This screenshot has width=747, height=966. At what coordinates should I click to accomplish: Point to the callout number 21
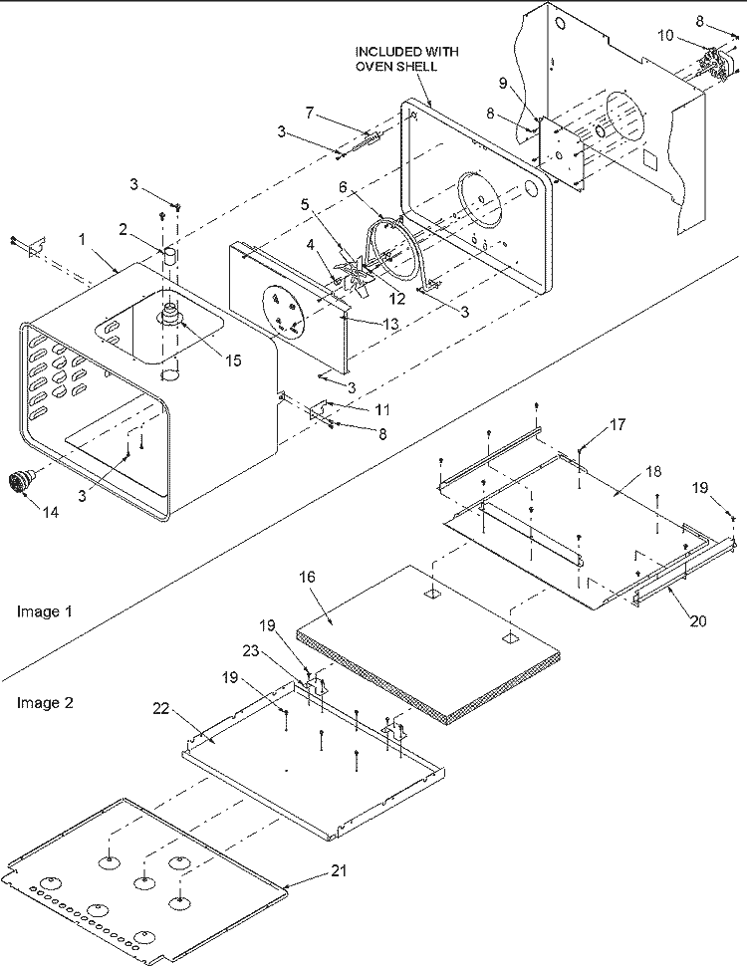pyautogui.click(x=341, y=871)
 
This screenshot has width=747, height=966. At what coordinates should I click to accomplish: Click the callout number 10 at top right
pyautogui.click(x=666, y=37)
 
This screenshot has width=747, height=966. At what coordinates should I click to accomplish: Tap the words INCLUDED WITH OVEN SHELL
pyautogui.click(x=396, y=58)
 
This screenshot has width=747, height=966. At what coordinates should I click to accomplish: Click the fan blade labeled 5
pyautogui.click(x=355, y=274)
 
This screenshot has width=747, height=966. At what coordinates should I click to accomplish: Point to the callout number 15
pyautogui.click(x=232, y=361)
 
